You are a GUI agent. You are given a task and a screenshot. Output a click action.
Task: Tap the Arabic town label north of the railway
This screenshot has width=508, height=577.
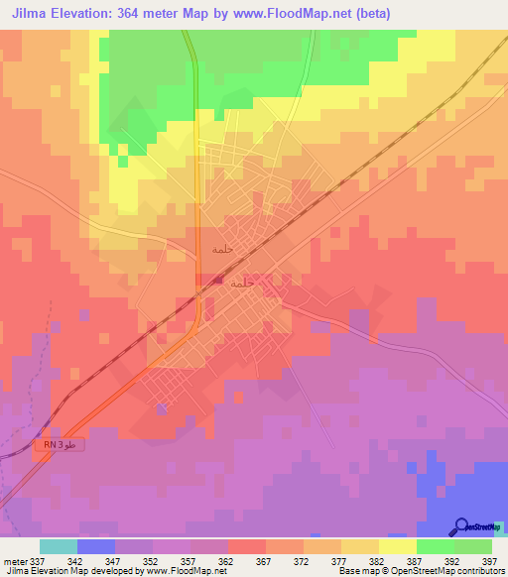point(222,249)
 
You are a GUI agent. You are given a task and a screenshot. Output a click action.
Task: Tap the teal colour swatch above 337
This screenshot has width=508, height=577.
point(59,546)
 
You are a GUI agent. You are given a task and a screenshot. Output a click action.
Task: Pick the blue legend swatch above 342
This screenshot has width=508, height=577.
point(96,546)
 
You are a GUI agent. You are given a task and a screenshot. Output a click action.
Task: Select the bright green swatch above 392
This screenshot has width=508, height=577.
point(436,546)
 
